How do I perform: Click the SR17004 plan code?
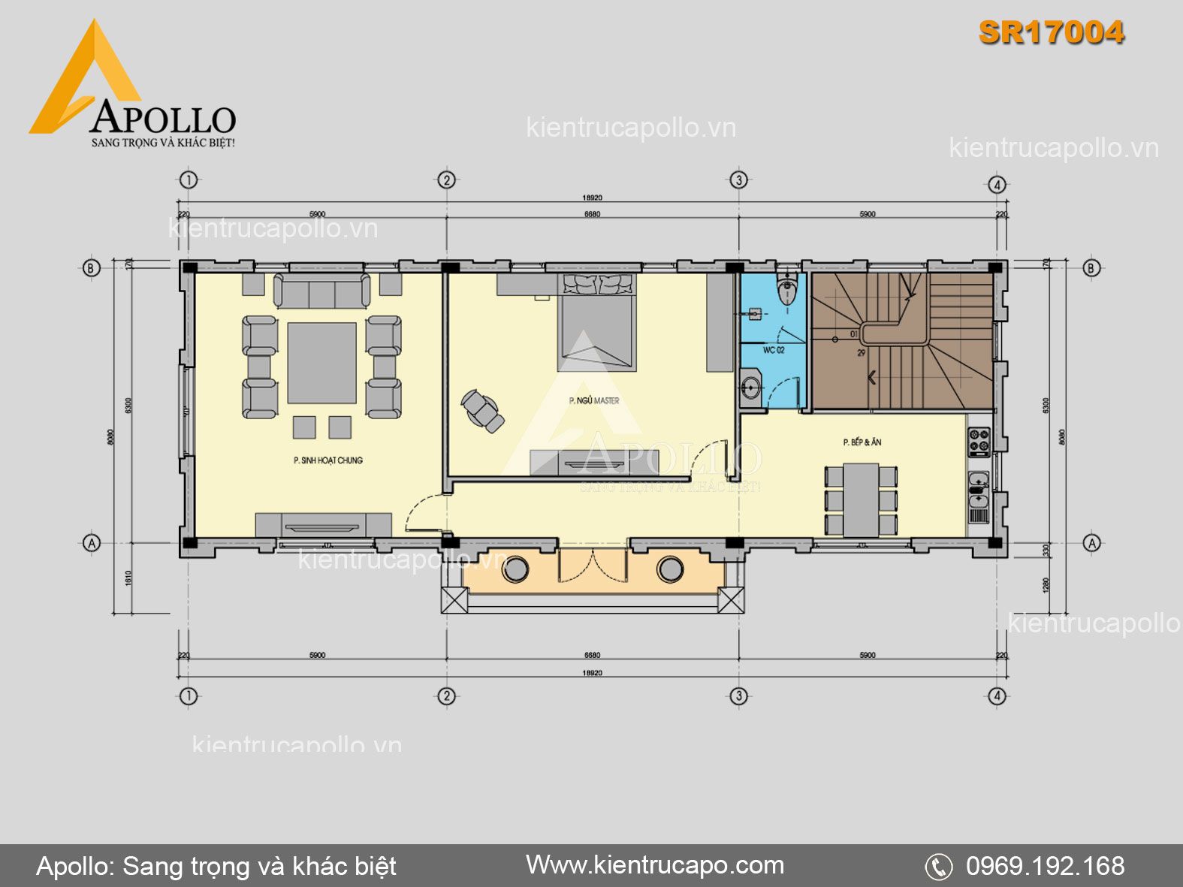coord(1051,32)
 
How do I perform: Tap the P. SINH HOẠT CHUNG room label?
coord(327,460)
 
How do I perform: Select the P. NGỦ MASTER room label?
coord(594,401)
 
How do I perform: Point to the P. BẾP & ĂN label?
coord(862,442)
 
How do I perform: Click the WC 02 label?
coord(773,350)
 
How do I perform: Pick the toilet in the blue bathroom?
coord(786,290)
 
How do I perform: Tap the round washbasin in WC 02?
coord(750,388)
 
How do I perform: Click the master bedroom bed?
coord(597,323)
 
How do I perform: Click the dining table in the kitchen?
coord(861,499)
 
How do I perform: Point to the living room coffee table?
coord(321,364)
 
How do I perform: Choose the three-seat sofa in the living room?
coord(321,291)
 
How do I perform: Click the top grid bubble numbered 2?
coord(446,180)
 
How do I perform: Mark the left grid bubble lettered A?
coord(92,542)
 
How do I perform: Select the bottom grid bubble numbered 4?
coord(997,696)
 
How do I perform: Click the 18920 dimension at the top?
coord(592,198)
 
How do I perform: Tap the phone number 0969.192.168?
coord(1045,866)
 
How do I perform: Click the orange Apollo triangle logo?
coord(83,83)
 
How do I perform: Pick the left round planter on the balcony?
coord(515,569)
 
